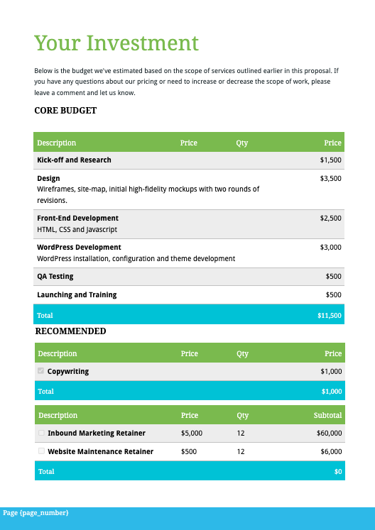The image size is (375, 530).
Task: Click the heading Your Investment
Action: click(116, 43)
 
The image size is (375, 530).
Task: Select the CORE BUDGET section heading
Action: click(65, 111)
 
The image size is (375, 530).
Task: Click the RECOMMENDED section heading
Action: click(70, 331)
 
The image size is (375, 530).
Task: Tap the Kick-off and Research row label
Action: click(74, 160)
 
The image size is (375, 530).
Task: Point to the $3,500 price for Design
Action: click(330, 179)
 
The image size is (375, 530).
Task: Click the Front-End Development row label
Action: click(77, 219)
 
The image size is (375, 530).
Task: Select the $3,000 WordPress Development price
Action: click(330, 248)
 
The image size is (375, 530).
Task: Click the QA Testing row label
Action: click(55, 277)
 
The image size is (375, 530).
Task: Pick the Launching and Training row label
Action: click(77, 295)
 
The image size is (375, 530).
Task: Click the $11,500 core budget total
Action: click(329, 316)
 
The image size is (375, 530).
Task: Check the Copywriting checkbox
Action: click(41, 371)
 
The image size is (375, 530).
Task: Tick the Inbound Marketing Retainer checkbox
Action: click(41, 433)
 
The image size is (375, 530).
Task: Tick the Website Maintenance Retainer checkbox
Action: click(41, 451)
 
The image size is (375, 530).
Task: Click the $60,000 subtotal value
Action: click(328, 434)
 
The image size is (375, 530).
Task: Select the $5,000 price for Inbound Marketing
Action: click(192, 434)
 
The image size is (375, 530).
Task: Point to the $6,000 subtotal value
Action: click(330, 452)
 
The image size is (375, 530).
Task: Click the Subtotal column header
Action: click(327, 416)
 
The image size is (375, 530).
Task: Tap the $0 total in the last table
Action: click(337, 472)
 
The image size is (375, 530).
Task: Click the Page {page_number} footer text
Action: click(36, 513)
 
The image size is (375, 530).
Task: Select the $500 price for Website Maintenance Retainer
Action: click(188, 452)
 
